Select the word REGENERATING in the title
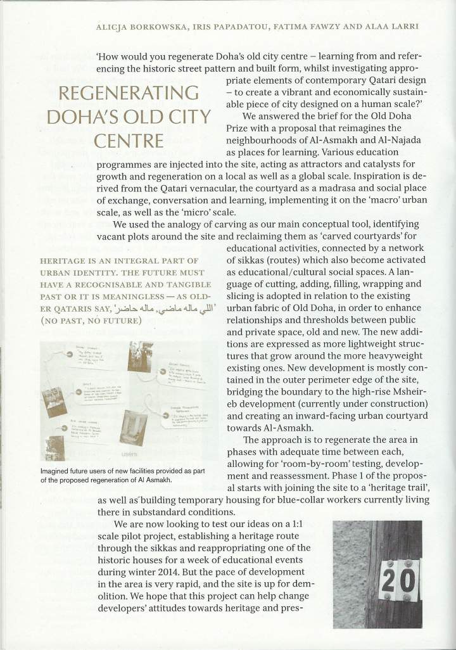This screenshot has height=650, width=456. point(129,94)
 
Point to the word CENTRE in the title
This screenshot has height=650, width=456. point(129,139)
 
